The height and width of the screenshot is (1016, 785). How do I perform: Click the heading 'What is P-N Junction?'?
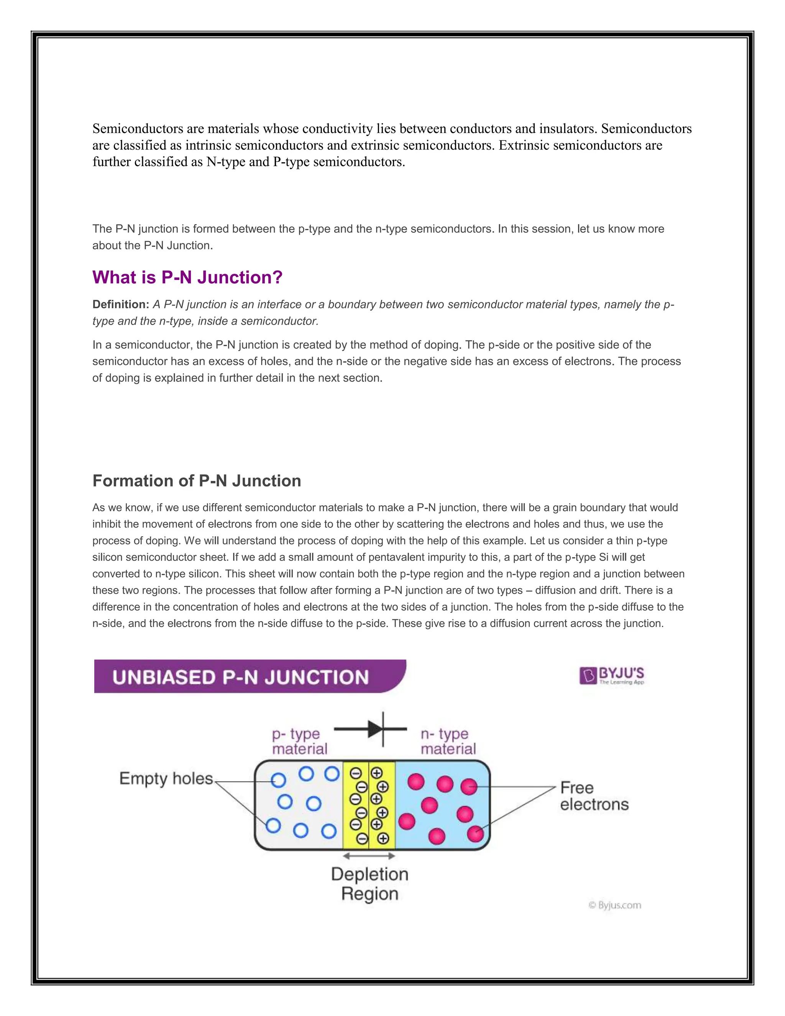tap(187, 277)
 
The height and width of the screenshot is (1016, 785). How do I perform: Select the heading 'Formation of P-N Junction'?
tap(197, 480)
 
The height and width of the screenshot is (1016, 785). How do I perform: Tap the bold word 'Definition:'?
tap(120, 304)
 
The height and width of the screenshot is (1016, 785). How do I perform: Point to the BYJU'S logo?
tap(611, 676)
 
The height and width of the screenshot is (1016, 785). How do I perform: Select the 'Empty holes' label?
tap(166, 779)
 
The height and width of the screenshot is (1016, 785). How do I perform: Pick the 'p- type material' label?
tap(299, 741)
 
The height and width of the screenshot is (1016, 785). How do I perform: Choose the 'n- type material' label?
tap(448, 741)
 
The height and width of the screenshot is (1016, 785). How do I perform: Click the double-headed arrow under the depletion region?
tap(369, 856)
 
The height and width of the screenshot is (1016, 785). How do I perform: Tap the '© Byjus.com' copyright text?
tap(615, 905)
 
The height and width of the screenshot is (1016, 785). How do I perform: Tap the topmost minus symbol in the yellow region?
tap(356, 773)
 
